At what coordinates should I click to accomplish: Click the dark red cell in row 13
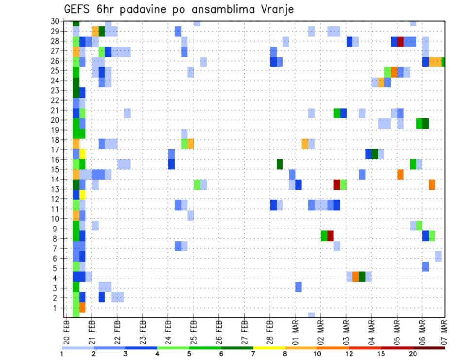point(337,184)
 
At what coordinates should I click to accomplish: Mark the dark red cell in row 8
point(331,236)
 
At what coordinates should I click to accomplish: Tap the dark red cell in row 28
point(400,42)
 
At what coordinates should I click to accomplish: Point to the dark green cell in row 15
point(280,164)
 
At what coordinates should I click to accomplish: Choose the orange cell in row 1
point(83,308)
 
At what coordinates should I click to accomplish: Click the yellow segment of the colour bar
point(269,348)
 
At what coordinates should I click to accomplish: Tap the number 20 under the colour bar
point(413,354)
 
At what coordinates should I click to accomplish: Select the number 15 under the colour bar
point(381,354)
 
